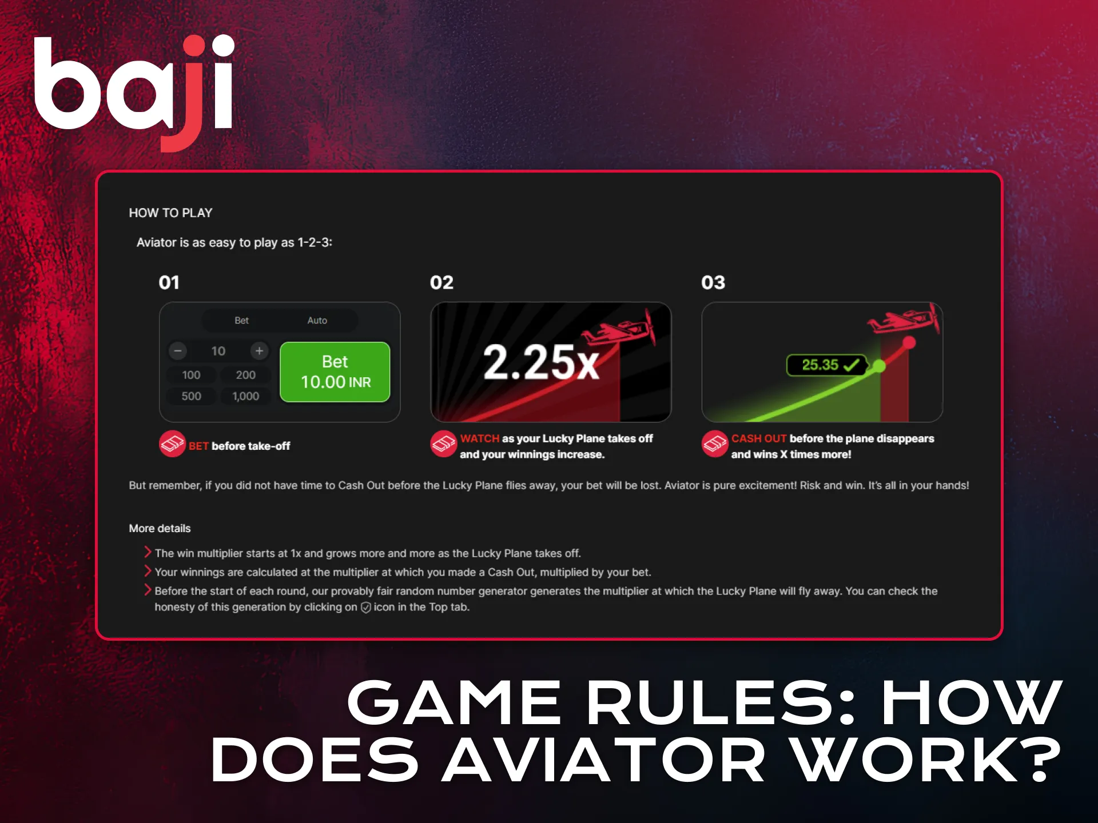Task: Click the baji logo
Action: pyautogui.click(x=134, y=91)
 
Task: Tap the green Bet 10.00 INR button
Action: pyautogui.click(x=335, y=372)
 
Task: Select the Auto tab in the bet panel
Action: pyautogui.click(x=317, y=321)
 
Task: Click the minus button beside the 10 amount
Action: pyautogui.click(x=178, y=350)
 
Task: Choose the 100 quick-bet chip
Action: pyautogui.click(x=191, y=375)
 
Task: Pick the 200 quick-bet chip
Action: pyautogui.click(x=245, y=375)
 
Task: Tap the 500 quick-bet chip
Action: pyautogui.click(x=191, y=396)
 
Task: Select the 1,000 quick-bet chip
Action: pyautogui.click(x=245, y=396)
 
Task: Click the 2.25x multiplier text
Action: pyautogui.click(x=540, y=363)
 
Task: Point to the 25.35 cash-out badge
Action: pyautogui.click(x=827, y=365)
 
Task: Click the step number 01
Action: pyautogui.click(x=169, y=282)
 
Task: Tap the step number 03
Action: pyautogui.click(x=713, y=282)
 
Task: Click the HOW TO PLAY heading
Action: pyautogui.click(x=170, y=213)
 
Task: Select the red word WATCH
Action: pyautogui.click(x=479, y=438)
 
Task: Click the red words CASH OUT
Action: pyautogui.click(x=758, y=438)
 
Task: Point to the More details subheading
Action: pyautogui.click(x=160, y=529)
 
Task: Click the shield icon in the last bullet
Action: pyautogui.click(x=365, y=608)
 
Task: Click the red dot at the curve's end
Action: pyautogui.click(x=909, y=343)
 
